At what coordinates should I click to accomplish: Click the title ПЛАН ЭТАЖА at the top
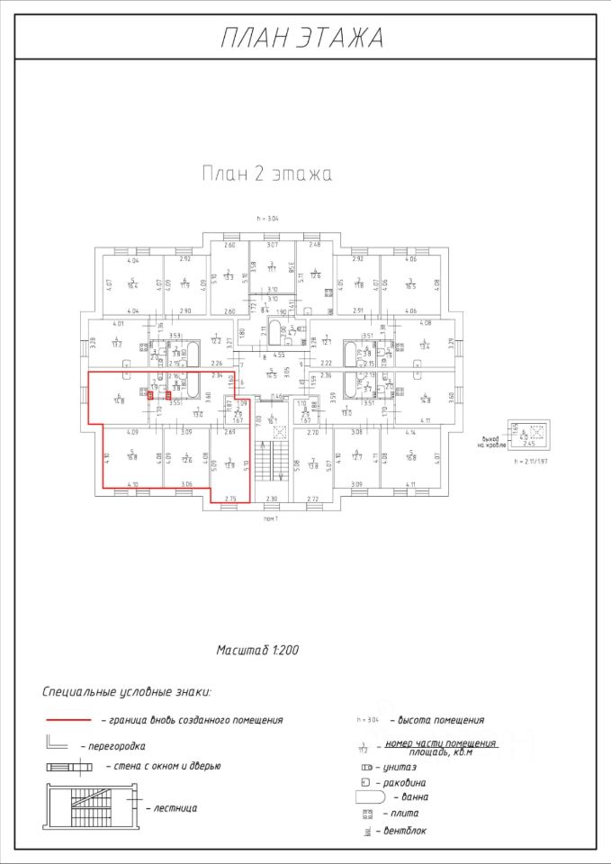click(302, 38)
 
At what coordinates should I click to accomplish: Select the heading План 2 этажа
click(266, 174)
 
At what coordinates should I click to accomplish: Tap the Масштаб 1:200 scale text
click(258, 649)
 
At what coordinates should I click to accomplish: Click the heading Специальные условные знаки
click(127, 692)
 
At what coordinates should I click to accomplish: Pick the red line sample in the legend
click(68, 720)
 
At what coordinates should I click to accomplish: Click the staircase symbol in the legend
click(86, 805)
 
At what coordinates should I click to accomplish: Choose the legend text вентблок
click(406, 830)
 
